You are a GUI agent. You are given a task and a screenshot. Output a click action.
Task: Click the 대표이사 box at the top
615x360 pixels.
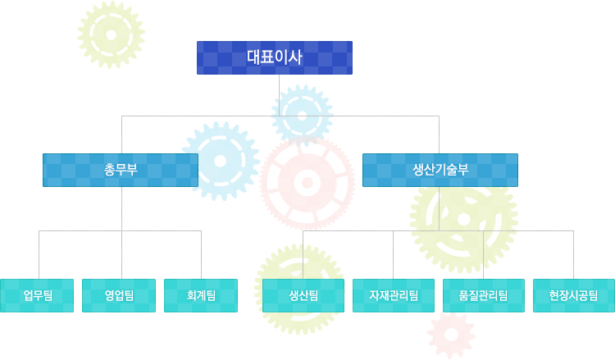click(275, 57)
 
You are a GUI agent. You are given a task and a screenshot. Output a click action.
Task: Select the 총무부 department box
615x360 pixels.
click(121, 171)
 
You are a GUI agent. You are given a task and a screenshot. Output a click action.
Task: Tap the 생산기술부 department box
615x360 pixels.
click(440, 171)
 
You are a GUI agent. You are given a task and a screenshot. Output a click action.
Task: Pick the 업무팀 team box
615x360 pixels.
click(37, 296)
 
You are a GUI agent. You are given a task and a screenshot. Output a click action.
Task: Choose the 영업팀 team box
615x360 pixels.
click(119, 296)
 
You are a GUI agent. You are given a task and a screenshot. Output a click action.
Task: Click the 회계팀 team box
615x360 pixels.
click(201, 296)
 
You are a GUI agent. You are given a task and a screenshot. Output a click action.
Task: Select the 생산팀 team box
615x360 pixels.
click(303, 296)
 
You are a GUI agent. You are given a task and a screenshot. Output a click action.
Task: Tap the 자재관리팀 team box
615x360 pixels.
click(394, 296)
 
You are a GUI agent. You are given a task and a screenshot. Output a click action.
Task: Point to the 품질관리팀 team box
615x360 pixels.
click(484, 296)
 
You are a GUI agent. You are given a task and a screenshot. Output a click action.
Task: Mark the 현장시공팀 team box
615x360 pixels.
click(574, 296)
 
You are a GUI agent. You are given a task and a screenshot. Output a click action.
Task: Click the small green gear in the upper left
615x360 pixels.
click(111, 35)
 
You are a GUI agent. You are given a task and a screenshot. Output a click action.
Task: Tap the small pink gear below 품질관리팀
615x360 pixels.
click(452, 335)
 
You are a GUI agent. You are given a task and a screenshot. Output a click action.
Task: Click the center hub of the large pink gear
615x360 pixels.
click(307, 183)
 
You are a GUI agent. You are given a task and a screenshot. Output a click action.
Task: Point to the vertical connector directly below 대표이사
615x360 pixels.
click(280, 95)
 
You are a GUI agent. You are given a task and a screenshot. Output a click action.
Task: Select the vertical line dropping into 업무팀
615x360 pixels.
click(39, 255)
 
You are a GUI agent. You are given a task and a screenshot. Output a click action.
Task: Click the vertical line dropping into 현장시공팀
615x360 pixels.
click(573, 255)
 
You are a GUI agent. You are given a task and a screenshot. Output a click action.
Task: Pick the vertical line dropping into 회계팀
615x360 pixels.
click(201, 255)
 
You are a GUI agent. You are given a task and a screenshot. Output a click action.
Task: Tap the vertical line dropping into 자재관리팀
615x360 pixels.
click(393, 255)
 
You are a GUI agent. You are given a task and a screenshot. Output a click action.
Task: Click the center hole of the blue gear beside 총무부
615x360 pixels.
click(221, 162)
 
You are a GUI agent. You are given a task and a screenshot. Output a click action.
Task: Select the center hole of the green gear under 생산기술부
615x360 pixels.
click(463, 220)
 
